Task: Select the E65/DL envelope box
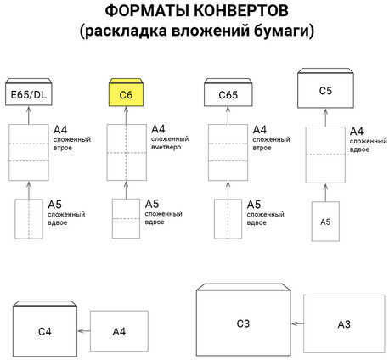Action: (x=28, y=93)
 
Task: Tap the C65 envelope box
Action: (x=224, y=93)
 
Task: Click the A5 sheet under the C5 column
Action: (x=324, y=221)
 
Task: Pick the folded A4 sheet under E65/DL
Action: (x=28, y=152)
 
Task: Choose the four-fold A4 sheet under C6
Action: (x=126, y=152)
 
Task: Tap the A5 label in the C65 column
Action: (x=251, y=205)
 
